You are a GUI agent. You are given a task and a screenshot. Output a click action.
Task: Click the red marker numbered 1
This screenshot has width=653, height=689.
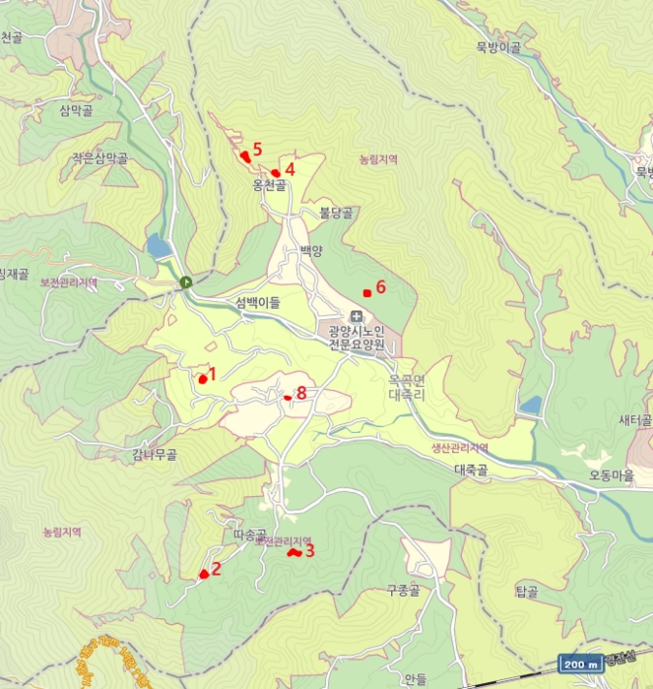(x=203, y=379)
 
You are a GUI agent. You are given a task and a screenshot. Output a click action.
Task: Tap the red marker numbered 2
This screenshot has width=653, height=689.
(x=204, y=574)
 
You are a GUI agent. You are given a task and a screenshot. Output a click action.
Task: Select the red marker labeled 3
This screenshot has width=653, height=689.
(x=293, y=553)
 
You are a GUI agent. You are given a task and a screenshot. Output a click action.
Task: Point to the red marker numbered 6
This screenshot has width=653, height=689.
(x=367, y=292)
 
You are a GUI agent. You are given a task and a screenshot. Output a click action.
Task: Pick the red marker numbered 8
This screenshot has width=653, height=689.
(x=288, y=398)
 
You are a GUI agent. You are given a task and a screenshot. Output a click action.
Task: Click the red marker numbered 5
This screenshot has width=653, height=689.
(x=244, y=156)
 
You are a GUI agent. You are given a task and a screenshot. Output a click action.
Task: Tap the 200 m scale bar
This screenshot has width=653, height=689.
(x=581, y=664)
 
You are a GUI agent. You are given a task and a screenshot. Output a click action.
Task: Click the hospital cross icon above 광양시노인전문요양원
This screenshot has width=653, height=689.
(x=356, y=316)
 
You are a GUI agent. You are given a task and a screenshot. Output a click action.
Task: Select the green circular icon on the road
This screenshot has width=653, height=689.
(x=186, y=283)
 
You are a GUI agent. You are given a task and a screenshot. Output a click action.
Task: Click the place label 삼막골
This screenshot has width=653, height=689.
(x=76, y=110)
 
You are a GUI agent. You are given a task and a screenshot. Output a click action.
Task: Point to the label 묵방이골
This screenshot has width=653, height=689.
(x=497, y=46)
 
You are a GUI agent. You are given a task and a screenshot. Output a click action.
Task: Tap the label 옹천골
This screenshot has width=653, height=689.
(x=269, y=184)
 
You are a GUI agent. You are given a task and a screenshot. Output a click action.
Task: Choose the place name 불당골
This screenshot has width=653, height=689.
(x=335, y=211)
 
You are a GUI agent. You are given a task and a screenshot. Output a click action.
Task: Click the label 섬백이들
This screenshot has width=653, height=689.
(x=258, y=303)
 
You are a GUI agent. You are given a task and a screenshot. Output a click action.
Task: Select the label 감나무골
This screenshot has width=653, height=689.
(x=155, y=455)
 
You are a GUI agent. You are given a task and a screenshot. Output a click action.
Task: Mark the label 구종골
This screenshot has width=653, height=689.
(x=403, y=591)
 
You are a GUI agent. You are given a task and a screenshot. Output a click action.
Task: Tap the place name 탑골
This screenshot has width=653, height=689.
(x=525, y=593)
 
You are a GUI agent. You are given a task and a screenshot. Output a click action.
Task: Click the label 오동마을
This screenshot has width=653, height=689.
(x=611, y=473)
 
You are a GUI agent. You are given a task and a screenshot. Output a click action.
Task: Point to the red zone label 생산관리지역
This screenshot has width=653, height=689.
(x=460, y=449)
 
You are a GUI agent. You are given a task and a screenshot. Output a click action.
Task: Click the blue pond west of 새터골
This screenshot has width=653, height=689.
(x=531, y=406)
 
